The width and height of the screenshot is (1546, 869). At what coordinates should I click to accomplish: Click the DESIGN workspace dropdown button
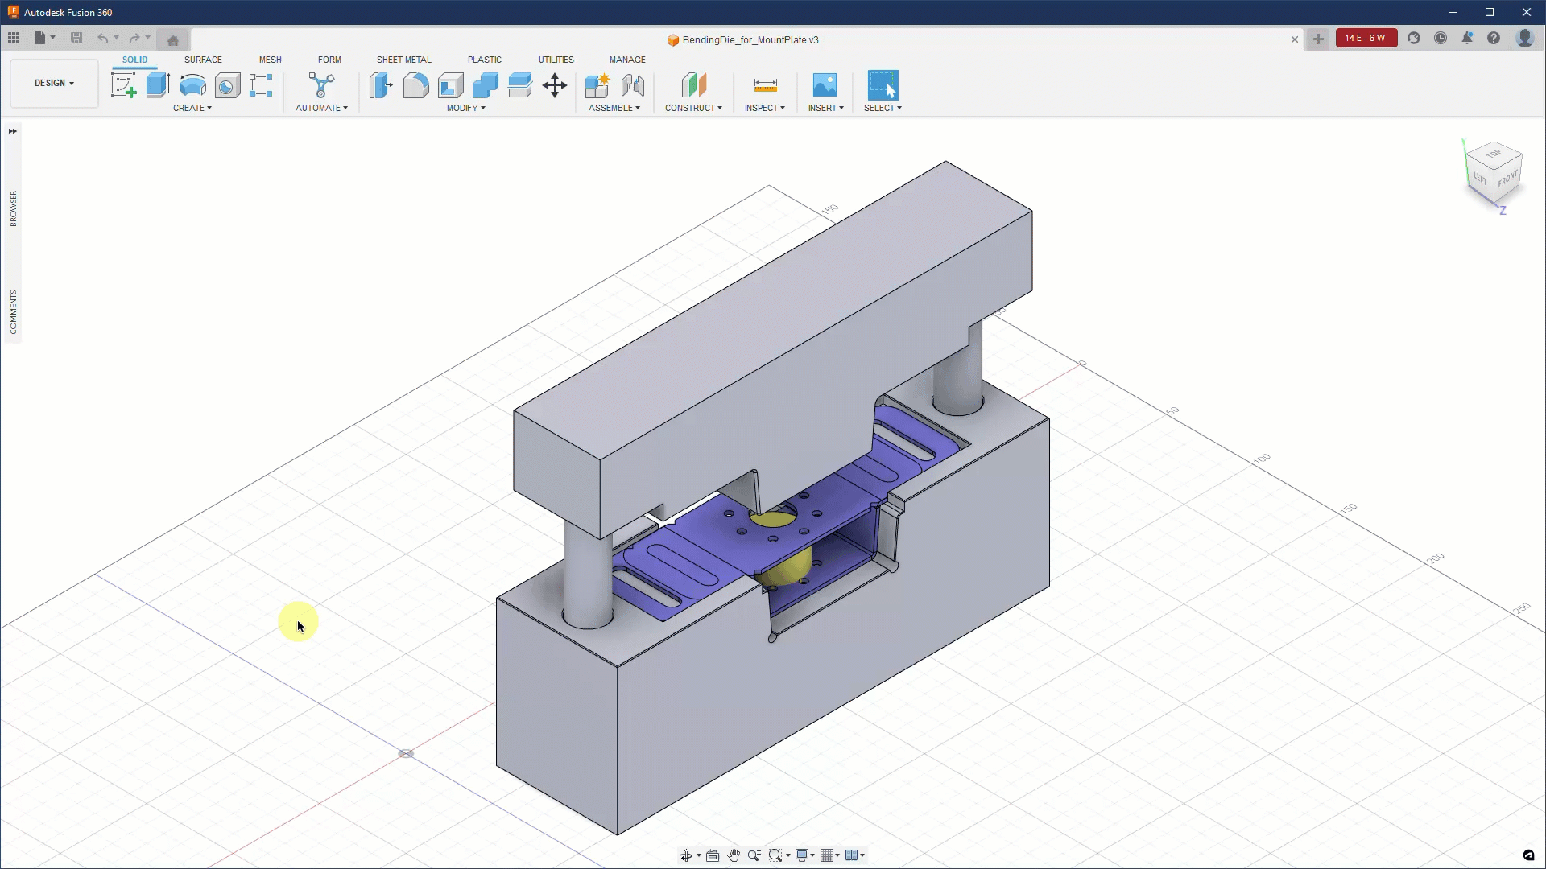pos(54,83)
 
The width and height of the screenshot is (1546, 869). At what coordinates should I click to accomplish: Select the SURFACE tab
pos(203,60)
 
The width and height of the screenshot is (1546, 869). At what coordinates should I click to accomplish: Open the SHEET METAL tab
pos(403,60)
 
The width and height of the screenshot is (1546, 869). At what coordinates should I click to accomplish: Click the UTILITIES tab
pos(556,60)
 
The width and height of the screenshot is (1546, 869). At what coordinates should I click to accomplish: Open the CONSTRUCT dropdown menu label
pos(693,108)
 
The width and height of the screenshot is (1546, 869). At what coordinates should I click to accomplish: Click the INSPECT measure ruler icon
pos(765,85)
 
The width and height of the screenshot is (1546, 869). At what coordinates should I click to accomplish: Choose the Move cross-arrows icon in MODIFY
pos(555,85)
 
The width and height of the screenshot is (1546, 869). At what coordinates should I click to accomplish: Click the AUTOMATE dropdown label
pos(321,108)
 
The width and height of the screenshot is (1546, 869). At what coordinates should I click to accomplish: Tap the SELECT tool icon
pos(883,85)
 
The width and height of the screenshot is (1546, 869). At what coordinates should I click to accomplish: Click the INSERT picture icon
pos(825,85)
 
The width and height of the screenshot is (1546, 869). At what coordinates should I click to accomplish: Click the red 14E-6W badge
pos(1366,38)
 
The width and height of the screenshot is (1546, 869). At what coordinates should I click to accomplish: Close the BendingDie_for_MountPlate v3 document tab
pos(1295,39)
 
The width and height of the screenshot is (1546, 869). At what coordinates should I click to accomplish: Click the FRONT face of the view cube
pos(1507,179)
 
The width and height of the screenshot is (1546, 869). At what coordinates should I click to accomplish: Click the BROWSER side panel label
pos(13,208)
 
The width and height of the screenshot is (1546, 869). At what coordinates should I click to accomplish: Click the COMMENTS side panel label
pos(13,311)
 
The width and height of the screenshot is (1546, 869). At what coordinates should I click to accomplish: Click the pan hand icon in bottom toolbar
pos(734,855)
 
